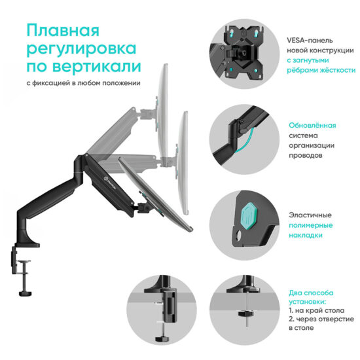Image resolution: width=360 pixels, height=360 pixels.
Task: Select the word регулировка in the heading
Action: [82, 49]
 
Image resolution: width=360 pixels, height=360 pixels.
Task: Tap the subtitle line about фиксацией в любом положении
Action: [82, 83]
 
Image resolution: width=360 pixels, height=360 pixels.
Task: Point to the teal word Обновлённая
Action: [313, 125]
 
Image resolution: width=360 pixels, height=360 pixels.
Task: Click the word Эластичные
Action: [310, 214]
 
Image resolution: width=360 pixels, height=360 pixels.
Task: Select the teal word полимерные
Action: [311, 225]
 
